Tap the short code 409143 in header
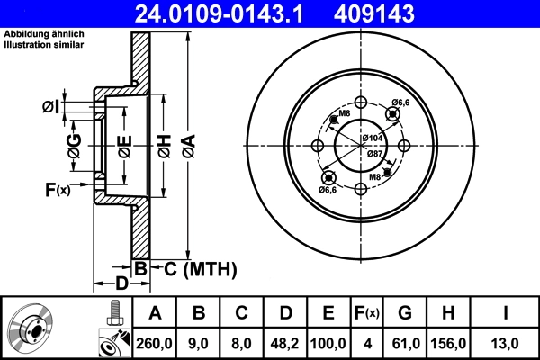pyautogui.click(x=400, y=13)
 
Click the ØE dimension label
pyautogui.click(x=125, y=145)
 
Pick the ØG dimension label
pyautogui.click(x=75, y=143)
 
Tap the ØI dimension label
pyautogui.click(x=50, y=107)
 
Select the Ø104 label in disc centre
pyautogui.click(x=373, y=137)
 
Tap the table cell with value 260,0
pyautogui.click(x=154, y=342)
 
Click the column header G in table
pyautogui.click(x=405, y=314)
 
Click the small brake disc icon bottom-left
pyautogui.click(x=35, y=328)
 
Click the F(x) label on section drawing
pyautogui.click(x=57, y=189)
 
